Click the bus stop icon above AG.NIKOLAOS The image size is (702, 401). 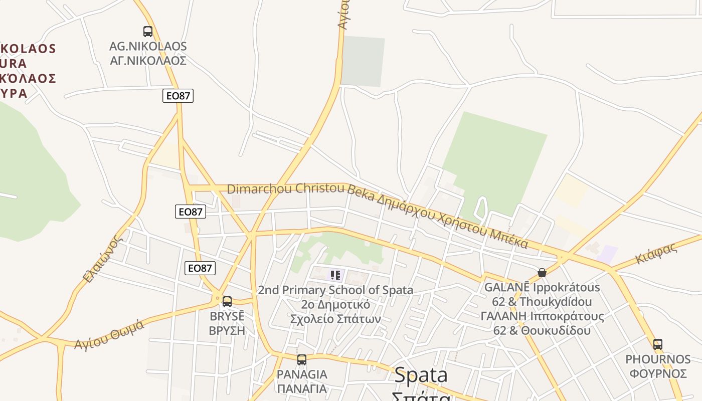pos(148,32)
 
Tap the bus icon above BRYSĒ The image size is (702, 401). pos(227,301)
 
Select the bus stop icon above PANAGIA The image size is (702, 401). pos(301,359)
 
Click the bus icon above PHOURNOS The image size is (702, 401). pos(657,344)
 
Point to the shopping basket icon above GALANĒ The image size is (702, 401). pos(542,273)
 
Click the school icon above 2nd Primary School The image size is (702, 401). pos(335,275)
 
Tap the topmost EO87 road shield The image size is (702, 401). pos(178,95)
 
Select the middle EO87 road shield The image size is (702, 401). pos(191,212)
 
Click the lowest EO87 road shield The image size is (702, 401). pos(200,268)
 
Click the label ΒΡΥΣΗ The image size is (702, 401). pos(227,330)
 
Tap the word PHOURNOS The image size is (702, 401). pos(658,359)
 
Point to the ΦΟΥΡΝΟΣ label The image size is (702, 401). pos(658,373)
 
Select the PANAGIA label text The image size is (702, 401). pos(302,374)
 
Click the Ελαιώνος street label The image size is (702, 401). pos(103,259)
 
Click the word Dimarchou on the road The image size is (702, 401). pos(260,189)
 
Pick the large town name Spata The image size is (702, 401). pos(421,375)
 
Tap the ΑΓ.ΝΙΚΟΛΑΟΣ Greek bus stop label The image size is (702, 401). pos(148,61)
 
